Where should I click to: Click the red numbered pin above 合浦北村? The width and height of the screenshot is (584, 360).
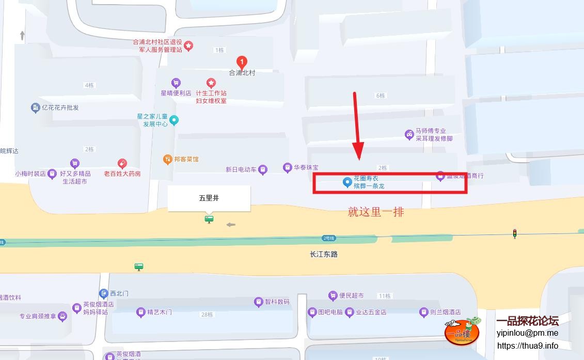[x=241, y=62]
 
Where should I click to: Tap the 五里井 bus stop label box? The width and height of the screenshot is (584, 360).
[x=209, y=198]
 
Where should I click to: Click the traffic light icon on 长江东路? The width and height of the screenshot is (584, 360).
[x=514, y=233]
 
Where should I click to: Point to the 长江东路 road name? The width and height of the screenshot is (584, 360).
[x=324, y=254]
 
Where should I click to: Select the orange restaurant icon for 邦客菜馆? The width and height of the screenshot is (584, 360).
[x=167, y=159]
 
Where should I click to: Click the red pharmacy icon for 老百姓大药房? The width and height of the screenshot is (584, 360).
[x=122, y=164]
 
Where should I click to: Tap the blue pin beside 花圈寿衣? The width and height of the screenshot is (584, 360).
[x=348, y=182]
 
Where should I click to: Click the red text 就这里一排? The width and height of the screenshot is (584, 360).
[x=376, y=212]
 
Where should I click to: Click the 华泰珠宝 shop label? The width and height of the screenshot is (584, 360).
[x=306, y=167]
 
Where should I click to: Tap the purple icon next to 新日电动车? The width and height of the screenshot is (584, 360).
[x=263, y=169]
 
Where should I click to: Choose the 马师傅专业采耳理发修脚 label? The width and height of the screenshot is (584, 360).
[x=434, y=135]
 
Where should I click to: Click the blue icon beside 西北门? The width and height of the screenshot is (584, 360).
[x=103, y=293]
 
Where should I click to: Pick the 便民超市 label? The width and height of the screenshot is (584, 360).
[x=351, y=295]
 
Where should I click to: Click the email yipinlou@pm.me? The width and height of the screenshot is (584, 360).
[x=527, y=333]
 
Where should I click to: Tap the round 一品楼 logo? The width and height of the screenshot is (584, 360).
[x=462, y=332]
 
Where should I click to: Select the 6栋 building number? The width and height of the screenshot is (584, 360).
[x=381, y=96]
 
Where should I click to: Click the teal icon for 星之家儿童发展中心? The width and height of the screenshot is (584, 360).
[x=174, y=120]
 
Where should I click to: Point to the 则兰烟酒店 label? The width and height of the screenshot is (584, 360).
[x=445, y=312]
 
